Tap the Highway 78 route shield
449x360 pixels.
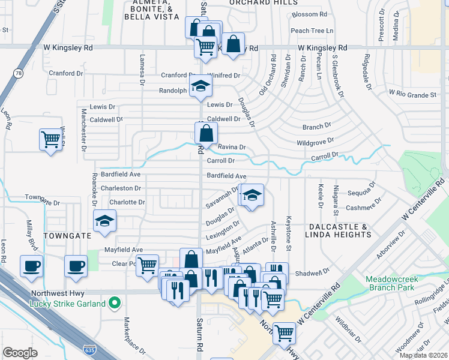click(18, 73)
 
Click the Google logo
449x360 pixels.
click(20, 352)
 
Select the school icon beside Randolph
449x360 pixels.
click(200, 86)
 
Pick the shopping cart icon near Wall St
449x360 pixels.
click(50, 139)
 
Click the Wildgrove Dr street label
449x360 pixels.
click(315, 143)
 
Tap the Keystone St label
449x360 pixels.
click(289, 233)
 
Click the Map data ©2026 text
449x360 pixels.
click(423, 355)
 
